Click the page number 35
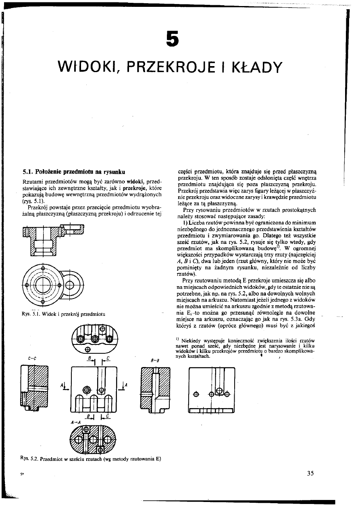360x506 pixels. pos(310,473)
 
